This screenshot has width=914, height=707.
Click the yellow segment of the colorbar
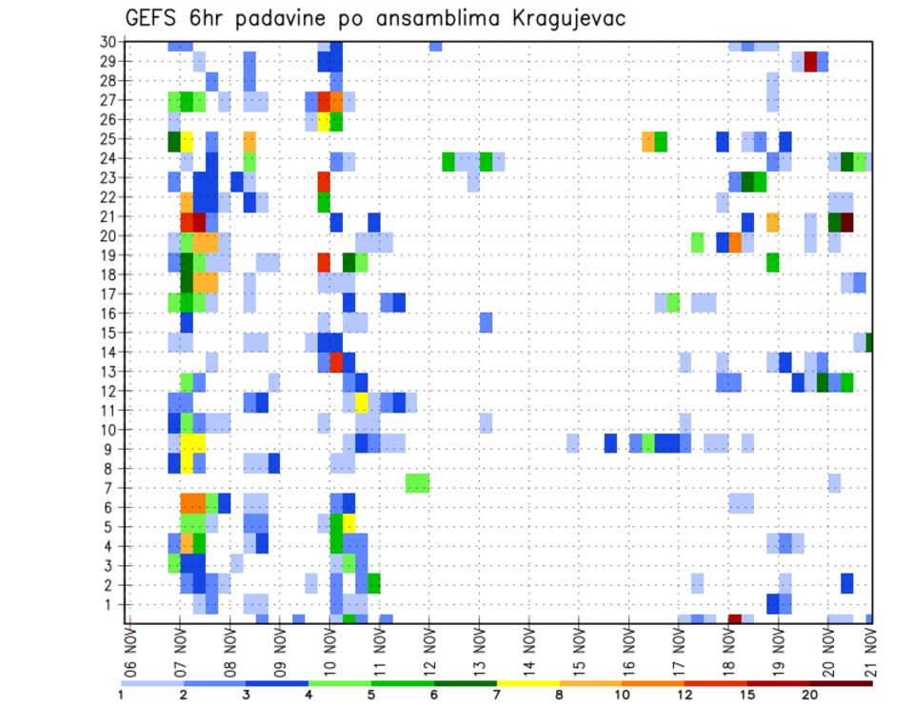(528, 683)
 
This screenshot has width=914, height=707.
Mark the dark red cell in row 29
(810, 61)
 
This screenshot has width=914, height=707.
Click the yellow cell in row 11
(362, 401)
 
